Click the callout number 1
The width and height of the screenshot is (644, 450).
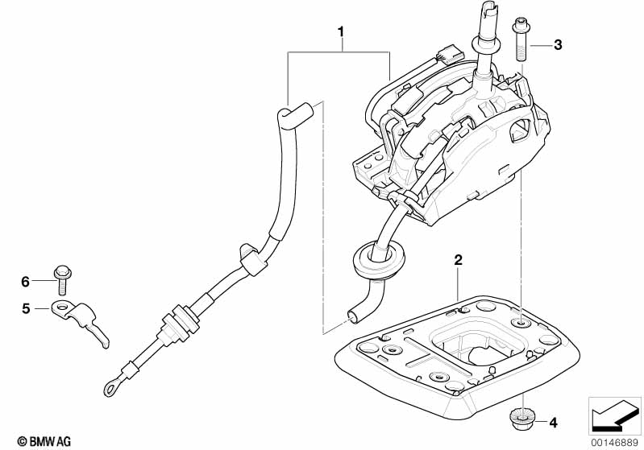[x=341, y=32]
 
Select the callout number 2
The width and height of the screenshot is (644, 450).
[x=458, y=260]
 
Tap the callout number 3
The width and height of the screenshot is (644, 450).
[x=557, y=45]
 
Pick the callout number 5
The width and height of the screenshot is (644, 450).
[x=26, y=308]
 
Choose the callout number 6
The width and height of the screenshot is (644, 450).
[x=25, y=281]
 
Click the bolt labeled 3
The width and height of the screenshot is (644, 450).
[x=519, y=39]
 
